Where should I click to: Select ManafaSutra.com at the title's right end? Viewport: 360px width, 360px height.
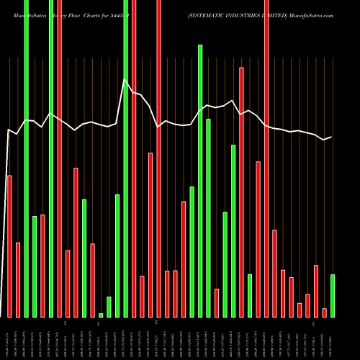313,15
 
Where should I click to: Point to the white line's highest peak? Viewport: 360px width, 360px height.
125,79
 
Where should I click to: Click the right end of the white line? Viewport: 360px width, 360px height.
332,137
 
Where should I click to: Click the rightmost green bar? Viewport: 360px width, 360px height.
333,295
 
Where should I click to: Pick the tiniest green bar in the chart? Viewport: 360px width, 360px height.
101,315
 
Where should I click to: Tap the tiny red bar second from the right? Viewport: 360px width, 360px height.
324,312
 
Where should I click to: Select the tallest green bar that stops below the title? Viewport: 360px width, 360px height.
200,180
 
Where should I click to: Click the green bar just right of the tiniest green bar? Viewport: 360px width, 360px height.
109,307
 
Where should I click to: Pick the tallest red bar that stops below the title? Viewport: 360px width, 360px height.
241,192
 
